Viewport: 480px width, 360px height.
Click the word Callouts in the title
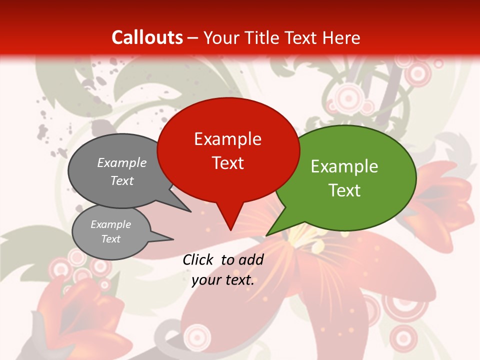(x=147, y=37)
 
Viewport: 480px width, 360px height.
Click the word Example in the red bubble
(x=227, y=139)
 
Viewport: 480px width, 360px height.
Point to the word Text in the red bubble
(x=227, y=163)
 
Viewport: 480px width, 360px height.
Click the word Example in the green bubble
(x=344, y=166)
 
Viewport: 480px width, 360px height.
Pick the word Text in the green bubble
(x=344, y=190)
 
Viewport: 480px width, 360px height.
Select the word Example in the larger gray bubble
(x=122, y=163)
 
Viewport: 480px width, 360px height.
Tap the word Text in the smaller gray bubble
(x=111, y=239)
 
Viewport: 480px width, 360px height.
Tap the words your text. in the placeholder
(x=223, y=280)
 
